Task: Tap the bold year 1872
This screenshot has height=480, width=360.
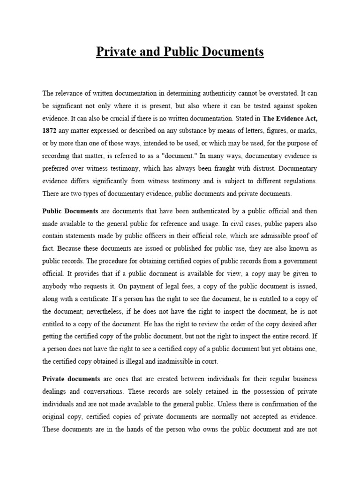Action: coord(51,130)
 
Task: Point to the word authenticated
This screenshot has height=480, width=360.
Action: coord(194,211)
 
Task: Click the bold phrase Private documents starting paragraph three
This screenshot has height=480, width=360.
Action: coord(71,378)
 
